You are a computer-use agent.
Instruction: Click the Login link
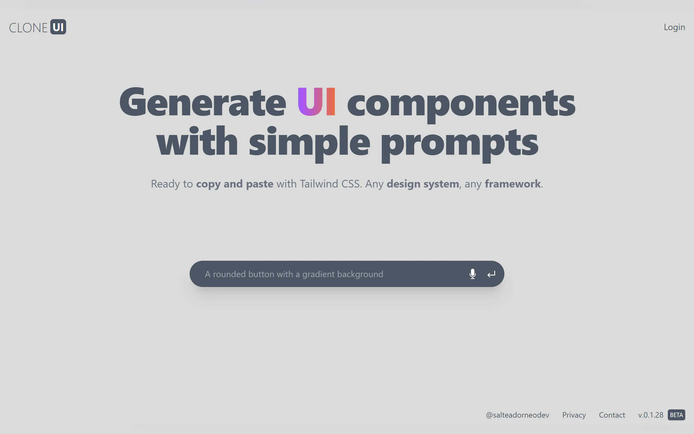pyautogui.click(x=674, y=27)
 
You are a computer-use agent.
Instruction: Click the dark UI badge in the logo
pyautogui.click(x=58, y=27)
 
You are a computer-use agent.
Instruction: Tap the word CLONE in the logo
pyautogui.click(x=28, y=28)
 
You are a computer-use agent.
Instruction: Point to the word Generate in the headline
pyautogui.click(x=203, y=102)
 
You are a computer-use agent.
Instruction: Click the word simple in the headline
pyautogui.click(x=310, y=143)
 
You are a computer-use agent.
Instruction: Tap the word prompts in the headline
pyautogui.click(x=460, y=145)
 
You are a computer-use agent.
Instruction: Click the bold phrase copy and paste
pyautogui.click(x=235, y=184)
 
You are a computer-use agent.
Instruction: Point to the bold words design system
pyautogui.click(x=423, y=184)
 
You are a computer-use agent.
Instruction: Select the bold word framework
pyautogui.click(x=513, y=184)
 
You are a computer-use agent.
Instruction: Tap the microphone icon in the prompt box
pyautogui.click(x=472, y=274)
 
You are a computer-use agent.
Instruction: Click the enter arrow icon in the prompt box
pyautogui.click(x=491, y=274)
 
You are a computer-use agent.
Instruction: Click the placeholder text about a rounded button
pyautogui.click(x=294, y=274)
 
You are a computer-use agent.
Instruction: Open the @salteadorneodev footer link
pyautogui.click(x=517, y=415)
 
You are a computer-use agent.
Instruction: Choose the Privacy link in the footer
pyautogui.click(x=574, y=415)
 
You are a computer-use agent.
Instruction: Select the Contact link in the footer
pyautogui.click(x=612, y=415)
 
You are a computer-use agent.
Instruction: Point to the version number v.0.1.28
pyautogui.click(x=651, y=415)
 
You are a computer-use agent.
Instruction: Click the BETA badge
pyautogui.click(x=677, y=415)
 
